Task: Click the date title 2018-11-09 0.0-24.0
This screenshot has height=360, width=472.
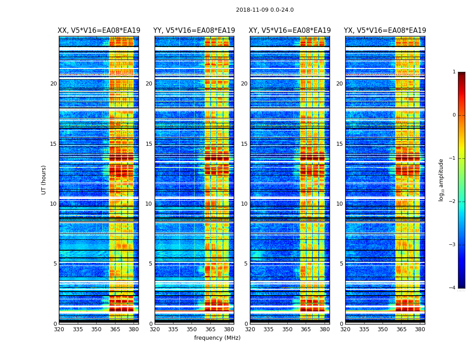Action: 265,10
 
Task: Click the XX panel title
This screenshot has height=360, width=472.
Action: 98,31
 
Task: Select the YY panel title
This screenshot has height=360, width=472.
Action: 194,31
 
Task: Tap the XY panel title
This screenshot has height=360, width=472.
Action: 290,31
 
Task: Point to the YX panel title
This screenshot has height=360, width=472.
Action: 385,31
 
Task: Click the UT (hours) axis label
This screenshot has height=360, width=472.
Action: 44,180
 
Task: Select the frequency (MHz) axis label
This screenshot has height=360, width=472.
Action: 217,338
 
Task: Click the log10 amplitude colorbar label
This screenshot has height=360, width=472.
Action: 441,180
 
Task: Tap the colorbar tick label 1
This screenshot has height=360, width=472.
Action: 454,72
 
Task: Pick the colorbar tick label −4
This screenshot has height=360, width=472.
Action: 452,288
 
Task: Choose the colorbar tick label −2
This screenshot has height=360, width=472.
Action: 452,202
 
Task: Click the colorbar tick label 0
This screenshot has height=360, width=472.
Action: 454,115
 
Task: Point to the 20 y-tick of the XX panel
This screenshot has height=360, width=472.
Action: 53,84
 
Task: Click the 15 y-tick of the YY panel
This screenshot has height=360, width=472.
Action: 149,144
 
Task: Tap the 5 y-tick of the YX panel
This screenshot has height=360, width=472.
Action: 341,264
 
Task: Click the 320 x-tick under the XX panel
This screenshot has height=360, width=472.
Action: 59,329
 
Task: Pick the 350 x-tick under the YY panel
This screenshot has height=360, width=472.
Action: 192,329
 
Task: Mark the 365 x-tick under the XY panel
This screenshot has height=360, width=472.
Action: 306,329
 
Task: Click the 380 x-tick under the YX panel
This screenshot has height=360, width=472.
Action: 420,329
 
